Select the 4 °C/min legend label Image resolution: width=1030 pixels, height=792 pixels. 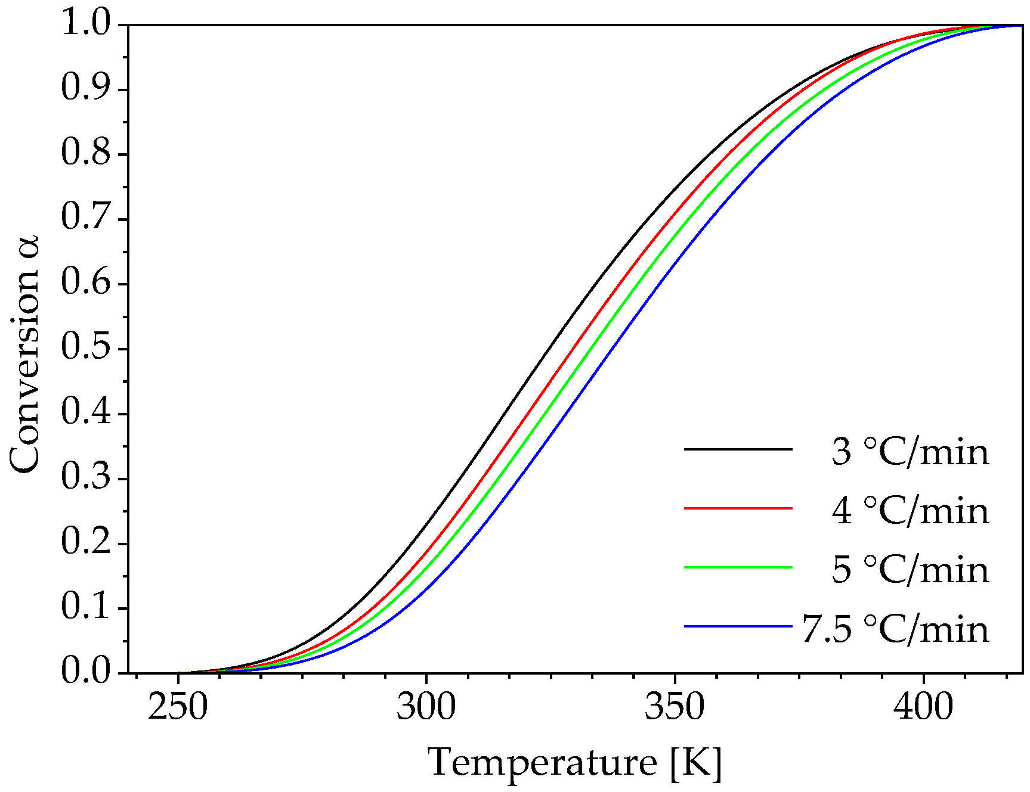click(910, 511)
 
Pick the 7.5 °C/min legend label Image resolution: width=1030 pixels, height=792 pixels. click(895, 629)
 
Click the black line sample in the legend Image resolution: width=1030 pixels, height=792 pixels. click(738, 449)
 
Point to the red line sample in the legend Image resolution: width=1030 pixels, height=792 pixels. click(738, 508)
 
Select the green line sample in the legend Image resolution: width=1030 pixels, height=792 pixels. click(738, 567)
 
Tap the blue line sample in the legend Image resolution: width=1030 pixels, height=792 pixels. click(738, 626)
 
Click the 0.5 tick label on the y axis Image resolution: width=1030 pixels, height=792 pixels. click(86, 348)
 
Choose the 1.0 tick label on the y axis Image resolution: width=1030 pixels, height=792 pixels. click(86, 24)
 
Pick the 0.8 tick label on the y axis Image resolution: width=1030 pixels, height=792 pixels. click(86, 153)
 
